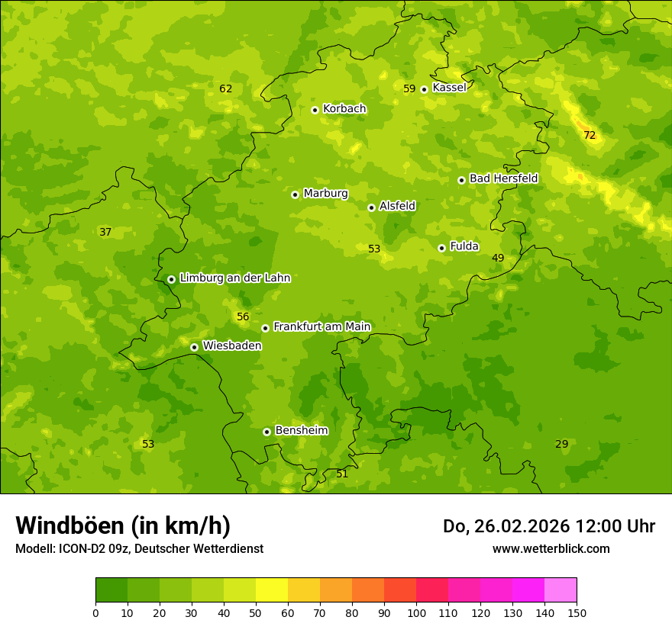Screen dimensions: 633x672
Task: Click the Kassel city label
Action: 449,88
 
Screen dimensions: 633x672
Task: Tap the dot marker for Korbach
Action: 315,110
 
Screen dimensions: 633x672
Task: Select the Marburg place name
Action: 325,194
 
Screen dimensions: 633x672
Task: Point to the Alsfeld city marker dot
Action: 371,207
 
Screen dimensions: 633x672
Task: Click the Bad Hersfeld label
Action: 503,178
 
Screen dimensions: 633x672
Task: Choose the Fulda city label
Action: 464,246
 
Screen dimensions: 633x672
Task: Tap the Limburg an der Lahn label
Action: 234,278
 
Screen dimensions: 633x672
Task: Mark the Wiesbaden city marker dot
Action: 194,347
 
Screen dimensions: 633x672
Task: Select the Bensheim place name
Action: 301,430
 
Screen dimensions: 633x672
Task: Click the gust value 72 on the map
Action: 590,135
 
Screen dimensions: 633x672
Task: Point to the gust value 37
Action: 105,232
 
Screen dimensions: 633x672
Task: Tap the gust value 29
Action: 561,444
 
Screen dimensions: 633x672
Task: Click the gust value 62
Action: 225,88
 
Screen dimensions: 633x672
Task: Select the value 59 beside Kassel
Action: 409,88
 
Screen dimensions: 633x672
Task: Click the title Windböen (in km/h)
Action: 123,525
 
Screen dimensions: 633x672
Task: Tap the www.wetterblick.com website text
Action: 551,548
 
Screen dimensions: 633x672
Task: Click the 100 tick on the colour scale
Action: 416,612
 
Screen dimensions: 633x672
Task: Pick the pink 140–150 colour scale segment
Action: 561,590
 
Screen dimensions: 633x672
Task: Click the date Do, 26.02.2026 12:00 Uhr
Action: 548,526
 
